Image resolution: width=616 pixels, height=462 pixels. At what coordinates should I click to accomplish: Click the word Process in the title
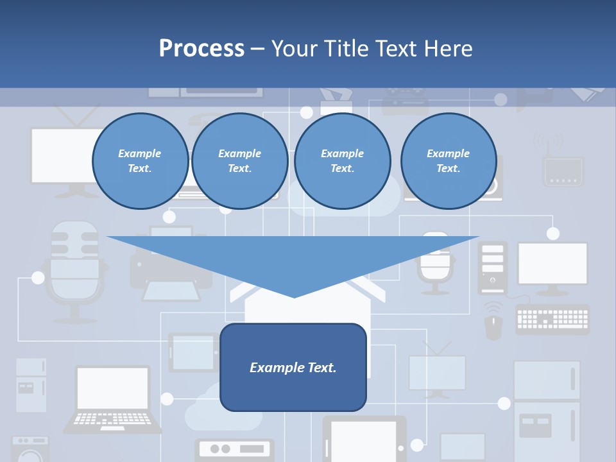(201, 49)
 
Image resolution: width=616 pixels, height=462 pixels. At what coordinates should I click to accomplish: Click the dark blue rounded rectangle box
(293, 367)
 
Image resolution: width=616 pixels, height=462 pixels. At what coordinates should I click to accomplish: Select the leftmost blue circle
(140, 161)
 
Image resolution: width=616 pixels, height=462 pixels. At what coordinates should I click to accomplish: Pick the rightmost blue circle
(448, 161)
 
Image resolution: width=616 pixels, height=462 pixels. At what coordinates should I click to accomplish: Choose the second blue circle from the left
(239, 161)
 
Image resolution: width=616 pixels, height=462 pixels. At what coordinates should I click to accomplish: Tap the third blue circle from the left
(342, 161)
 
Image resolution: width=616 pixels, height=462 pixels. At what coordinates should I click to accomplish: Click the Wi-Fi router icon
(563, 164)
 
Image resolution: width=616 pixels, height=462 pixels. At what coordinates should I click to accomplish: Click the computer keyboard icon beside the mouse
(552, 319)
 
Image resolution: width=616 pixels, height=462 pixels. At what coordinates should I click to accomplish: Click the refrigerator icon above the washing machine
(31, 385)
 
